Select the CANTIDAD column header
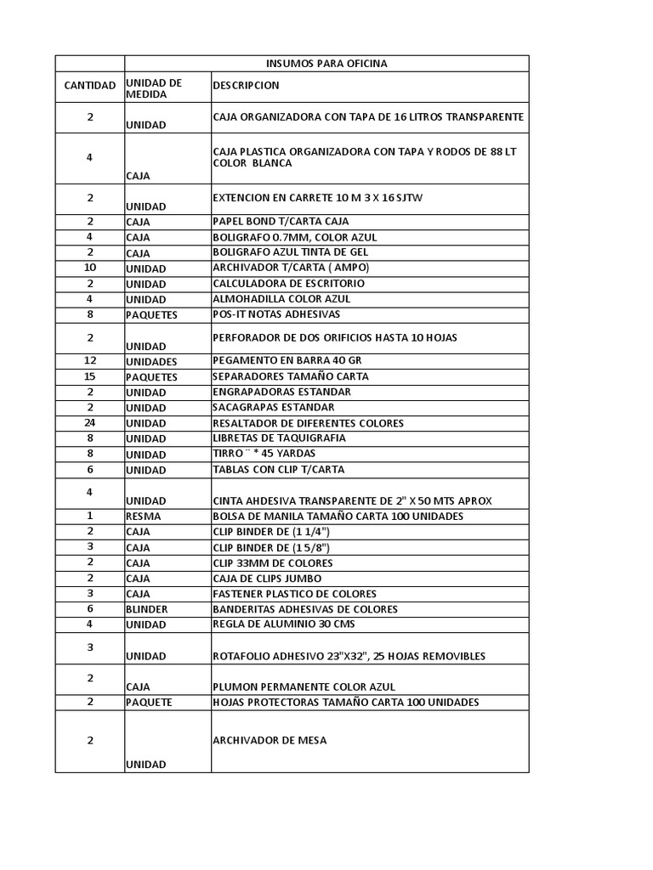[89, 86]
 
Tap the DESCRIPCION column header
[246, 86]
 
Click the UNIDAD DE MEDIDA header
[154, 88]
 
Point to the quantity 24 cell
[89, 423]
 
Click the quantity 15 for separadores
[89, 376]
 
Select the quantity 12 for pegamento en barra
[89, 361]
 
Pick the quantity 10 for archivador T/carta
[89, 268]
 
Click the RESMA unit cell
[144, 517]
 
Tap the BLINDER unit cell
[147, 609]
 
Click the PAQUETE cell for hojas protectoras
[150, 703]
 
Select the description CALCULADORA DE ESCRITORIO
[288, 284]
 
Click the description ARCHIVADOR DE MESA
[270, 741]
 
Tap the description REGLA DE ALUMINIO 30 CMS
[284, 624]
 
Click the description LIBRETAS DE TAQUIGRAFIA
[280, 438]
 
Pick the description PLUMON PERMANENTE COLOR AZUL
[304, 687]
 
